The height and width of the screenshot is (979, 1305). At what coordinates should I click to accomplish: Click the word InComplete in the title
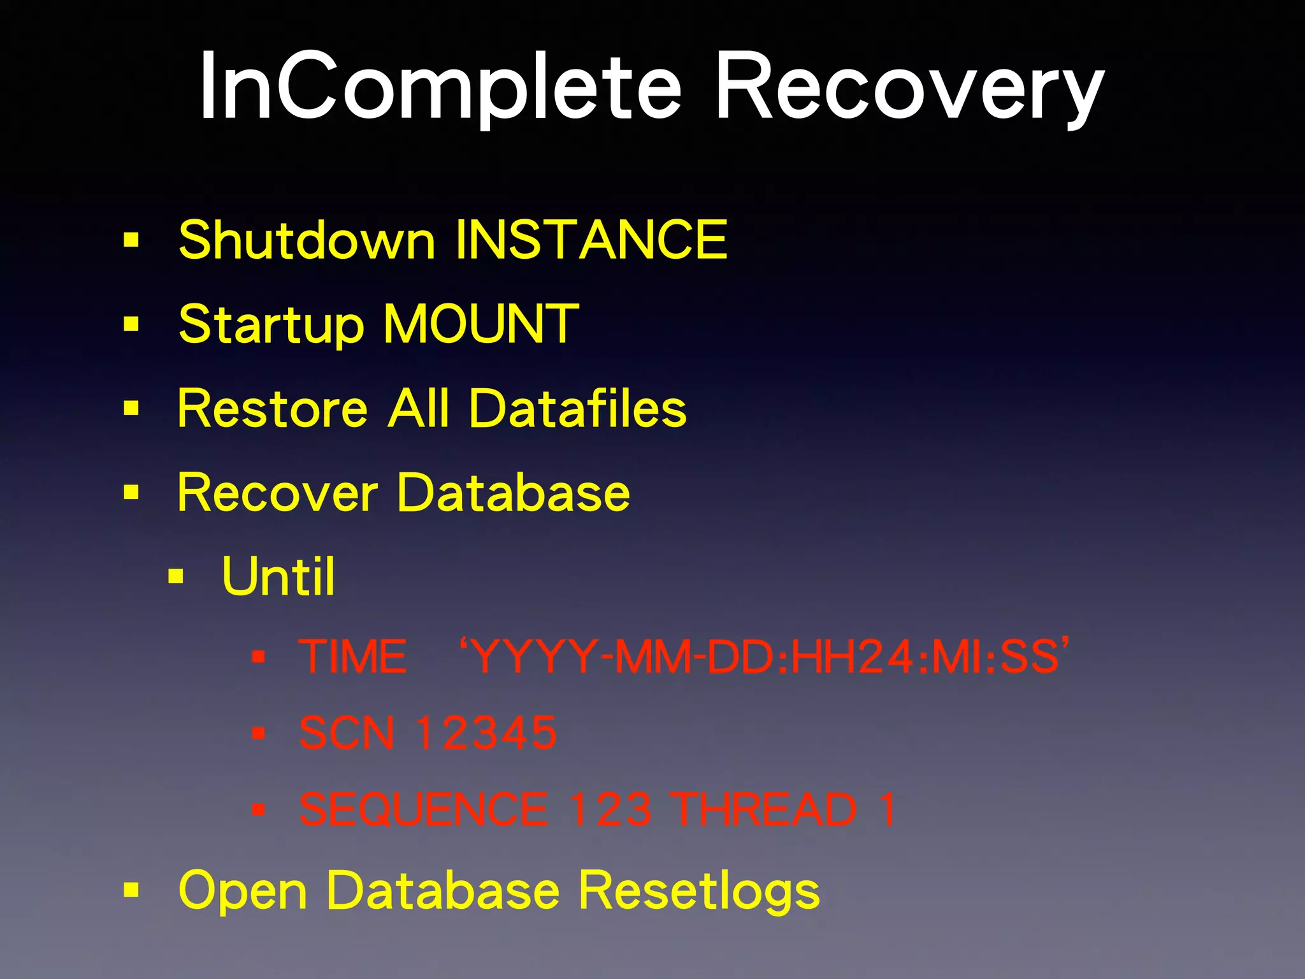point(440,86)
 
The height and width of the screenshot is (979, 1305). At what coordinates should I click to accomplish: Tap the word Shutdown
point(306,240)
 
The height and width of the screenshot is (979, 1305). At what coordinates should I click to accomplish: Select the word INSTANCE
point(591,240)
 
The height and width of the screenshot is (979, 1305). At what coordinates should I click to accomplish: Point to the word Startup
point(271,325)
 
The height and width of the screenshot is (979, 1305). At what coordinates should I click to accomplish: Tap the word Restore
point(273,409)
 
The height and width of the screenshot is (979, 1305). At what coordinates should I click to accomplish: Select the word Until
point(278,576)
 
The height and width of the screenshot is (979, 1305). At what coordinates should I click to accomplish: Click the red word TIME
point(353,656)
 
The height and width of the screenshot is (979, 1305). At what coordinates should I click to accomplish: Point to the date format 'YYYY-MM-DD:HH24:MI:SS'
point(764,656)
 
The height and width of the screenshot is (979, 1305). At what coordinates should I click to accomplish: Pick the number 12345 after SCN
point(486,733)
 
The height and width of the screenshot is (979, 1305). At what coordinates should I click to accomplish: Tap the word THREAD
point(764,809)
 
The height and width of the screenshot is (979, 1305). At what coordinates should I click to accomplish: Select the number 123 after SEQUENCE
point(610,809)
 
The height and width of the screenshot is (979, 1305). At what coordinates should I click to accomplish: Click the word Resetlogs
point(699,890)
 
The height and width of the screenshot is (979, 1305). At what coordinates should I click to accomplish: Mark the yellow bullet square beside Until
point(176,577)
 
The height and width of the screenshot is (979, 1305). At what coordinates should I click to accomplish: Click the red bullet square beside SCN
point(258,734)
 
